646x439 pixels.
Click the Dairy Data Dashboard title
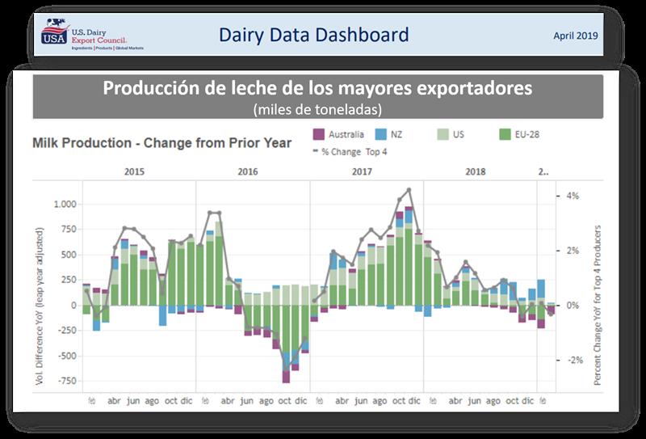pyautogui.click(x=314, y=35)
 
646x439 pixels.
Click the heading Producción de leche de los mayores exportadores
pyautogui.click(x=317, y=87)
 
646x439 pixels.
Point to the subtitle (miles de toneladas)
pyautogui.click(x=317, y=108)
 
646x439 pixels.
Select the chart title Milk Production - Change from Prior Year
pyautogui.click(x=161, y=143)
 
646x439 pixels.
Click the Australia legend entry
pyautogui.click(x=340, y=134)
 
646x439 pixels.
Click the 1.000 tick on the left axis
pyautogui.click(x=65, y=205)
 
